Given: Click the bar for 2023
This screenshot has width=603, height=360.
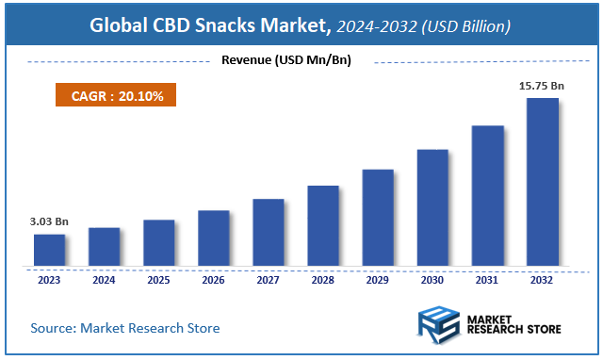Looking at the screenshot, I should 49,250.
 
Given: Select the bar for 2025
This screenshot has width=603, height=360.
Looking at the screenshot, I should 158,242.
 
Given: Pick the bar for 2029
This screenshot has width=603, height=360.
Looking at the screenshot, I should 377,218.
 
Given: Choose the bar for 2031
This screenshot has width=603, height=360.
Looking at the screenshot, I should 486,195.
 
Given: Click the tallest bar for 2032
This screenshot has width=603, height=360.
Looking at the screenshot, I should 541,182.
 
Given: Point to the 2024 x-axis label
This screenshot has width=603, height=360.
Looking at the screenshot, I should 104,279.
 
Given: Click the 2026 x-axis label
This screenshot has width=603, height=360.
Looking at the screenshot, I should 213,279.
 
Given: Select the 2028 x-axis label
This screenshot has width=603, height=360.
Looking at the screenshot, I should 322,279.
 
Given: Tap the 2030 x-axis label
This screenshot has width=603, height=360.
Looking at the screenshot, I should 432,279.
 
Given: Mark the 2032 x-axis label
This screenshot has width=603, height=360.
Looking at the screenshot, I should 541,279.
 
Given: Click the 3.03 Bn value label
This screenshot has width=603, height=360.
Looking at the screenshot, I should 49,221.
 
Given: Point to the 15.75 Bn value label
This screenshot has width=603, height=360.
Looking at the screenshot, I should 541,86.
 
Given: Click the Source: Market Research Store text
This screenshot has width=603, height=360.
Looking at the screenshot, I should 125,328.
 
